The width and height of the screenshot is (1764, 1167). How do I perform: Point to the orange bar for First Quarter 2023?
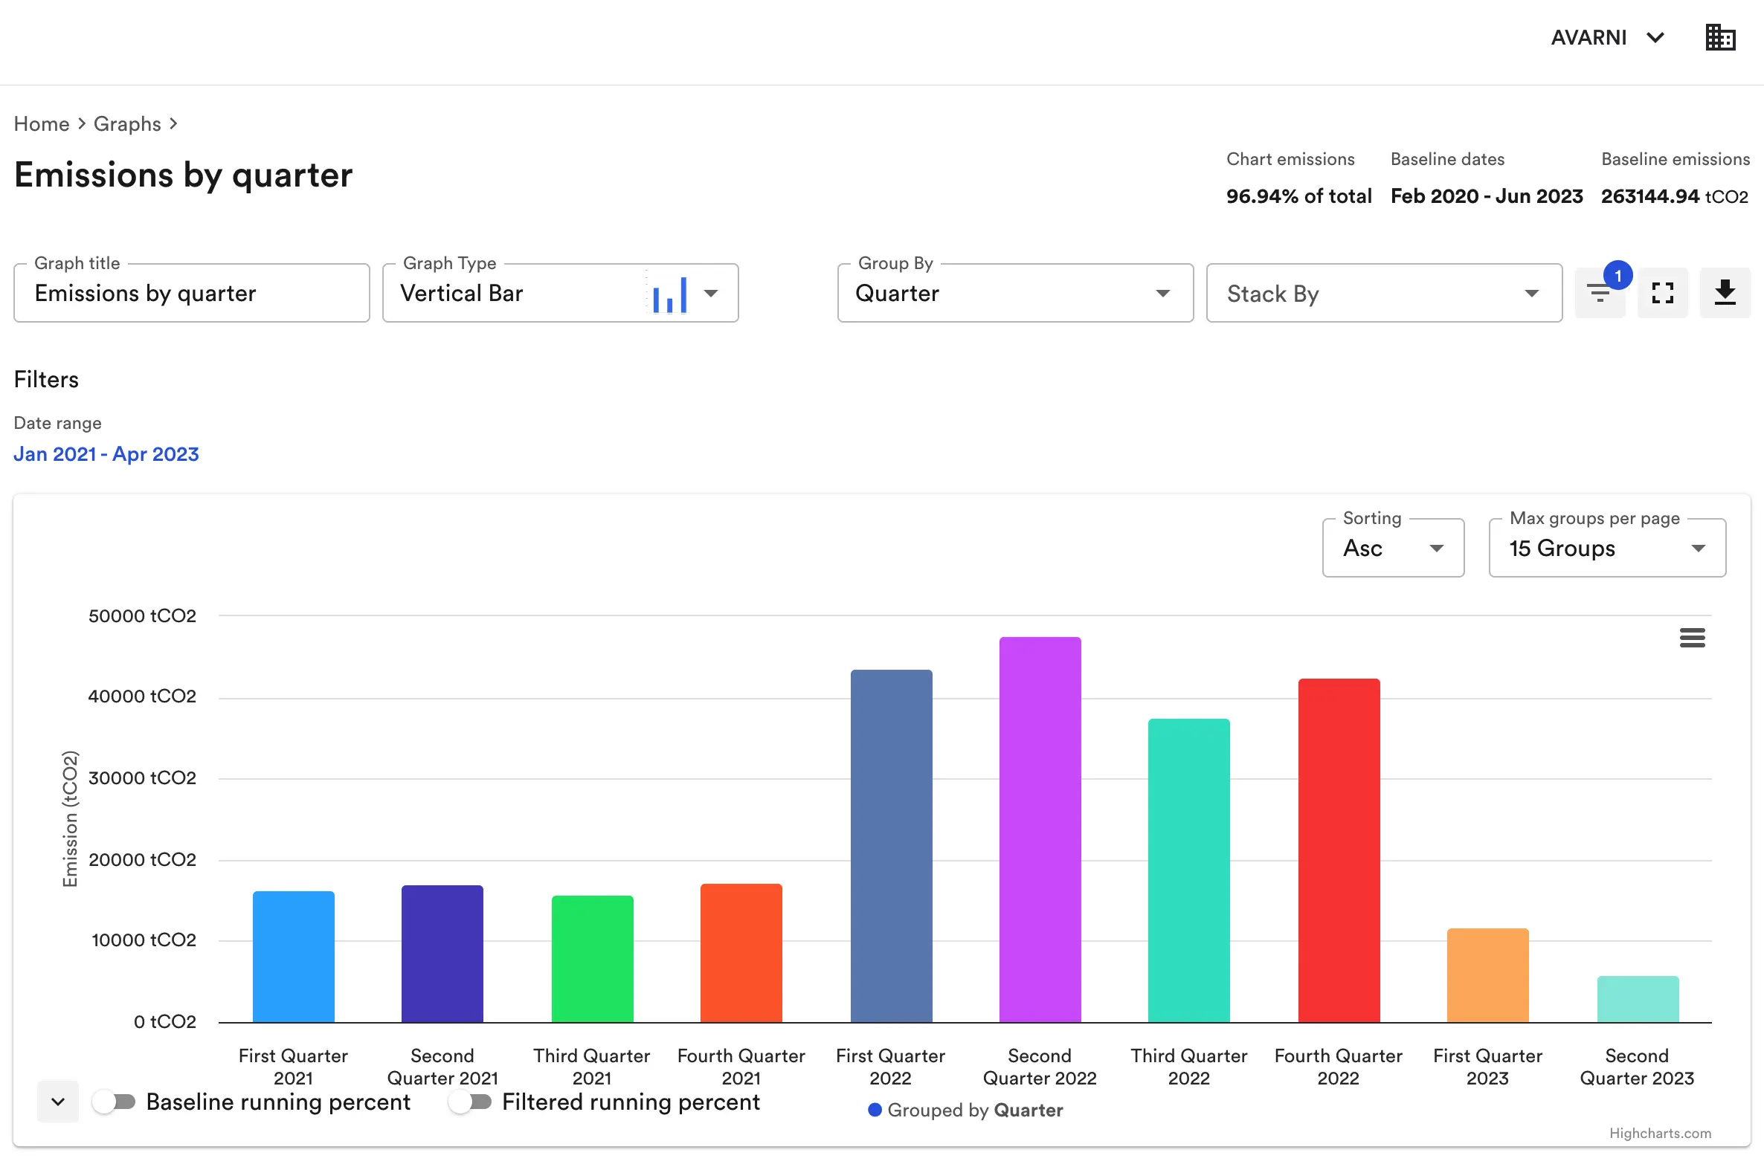coord(1487,975)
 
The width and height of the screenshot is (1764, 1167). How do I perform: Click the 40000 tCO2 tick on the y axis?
coord(141,696)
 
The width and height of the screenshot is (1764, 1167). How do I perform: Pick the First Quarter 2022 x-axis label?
coord(890,1066)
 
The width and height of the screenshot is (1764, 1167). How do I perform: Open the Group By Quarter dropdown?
coord(1014,294)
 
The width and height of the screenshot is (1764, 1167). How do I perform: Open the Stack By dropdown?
coord(1382,294)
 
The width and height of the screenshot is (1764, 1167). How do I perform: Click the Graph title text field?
coord(191,294)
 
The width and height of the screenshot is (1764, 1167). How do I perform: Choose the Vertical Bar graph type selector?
coord(560,294)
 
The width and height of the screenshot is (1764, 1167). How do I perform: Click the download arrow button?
coord(1725,293)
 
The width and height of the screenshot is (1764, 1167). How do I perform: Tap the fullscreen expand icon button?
coord(1662,293)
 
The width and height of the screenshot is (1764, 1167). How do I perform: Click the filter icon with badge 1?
coord(1600,293)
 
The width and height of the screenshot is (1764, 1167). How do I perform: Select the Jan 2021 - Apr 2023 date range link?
coord(106,454)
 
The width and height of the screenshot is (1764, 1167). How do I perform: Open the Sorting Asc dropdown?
coord(1392,549)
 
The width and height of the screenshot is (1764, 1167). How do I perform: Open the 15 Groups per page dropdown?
coord(1606,549)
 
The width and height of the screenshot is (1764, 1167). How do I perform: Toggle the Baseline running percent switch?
coord(114,1102)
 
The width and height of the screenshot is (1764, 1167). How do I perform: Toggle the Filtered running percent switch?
coord(470,1102)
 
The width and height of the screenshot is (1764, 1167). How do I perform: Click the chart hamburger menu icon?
coord(1692,638)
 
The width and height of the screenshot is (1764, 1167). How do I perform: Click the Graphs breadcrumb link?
coord(126,123)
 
